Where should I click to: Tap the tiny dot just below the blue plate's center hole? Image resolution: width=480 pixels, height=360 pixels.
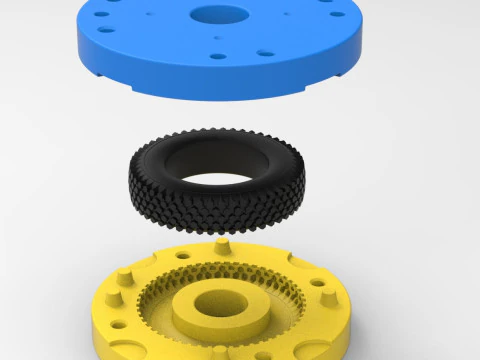[x=216, y=37]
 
